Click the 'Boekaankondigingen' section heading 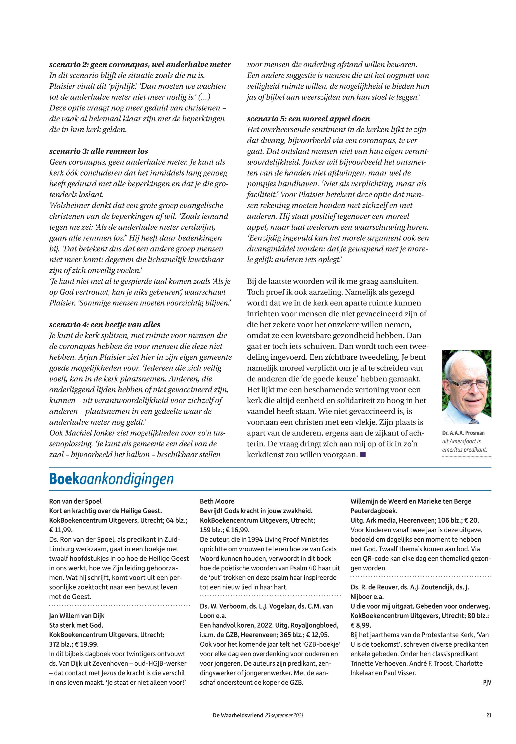[x=111, y=479]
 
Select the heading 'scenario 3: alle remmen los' [x=99, y=151]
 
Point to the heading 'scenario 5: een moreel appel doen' [x=308, y=119]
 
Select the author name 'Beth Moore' [x=217, y=501]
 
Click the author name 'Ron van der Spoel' [x=75, y=501]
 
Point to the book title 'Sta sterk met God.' [x=76, y=625]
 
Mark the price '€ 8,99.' [x=361, y=625]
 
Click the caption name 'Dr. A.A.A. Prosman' [x=463, y=433]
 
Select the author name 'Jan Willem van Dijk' [x=77, y=616]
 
